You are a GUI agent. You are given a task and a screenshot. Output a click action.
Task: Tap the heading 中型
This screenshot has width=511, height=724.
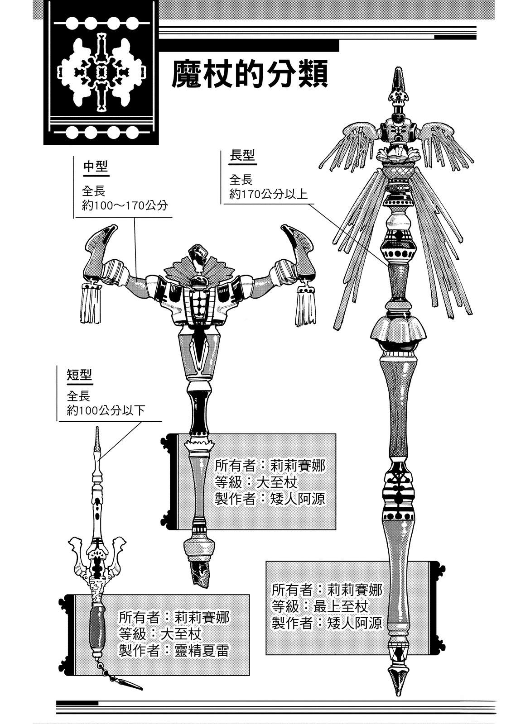coord(96,167)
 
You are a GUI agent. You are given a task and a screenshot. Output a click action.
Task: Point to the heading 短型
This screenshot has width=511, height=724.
coord(79,375)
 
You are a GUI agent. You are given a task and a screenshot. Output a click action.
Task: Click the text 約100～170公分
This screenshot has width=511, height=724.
coord(125,205)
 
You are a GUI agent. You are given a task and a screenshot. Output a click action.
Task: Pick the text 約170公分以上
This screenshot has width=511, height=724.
coord(268,194)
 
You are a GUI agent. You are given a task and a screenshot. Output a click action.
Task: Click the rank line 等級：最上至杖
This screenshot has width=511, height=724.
coord(320,606)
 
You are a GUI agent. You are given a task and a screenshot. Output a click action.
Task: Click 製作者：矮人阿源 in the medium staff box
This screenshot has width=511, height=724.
coord(270,499)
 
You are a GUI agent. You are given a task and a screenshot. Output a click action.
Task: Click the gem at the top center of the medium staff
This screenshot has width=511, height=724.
coord(198,254)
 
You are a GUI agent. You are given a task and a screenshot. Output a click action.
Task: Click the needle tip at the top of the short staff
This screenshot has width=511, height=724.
coord(96,434)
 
